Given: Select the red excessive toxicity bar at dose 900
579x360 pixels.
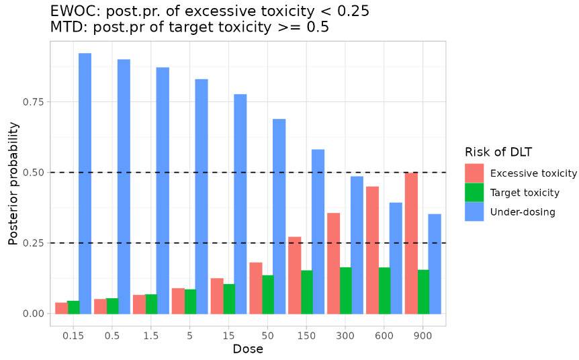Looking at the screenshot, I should click(x=411, y=243).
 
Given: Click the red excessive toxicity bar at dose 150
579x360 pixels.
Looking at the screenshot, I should click(x=295, y=275).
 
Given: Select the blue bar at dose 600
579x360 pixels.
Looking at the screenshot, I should click(x=396, y=258).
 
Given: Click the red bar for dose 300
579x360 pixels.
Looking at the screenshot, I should click(x=334, y=263).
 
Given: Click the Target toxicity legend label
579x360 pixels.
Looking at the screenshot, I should click(x=525, y=193).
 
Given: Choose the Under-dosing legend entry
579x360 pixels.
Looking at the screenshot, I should click(x=523, y=212).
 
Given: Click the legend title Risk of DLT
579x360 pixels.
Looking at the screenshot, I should click(x=498, y=152).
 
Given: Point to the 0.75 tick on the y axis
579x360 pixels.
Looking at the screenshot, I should click(x=34, y=102).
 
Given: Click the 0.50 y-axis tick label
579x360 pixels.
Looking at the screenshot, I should click(x=34, y=173).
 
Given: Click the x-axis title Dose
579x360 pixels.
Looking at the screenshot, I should click(x=248, y=349).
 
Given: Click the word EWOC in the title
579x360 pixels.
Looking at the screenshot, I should click(x=71, y=11).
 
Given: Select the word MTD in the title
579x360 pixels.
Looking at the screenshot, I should click(x=65, y=28).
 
